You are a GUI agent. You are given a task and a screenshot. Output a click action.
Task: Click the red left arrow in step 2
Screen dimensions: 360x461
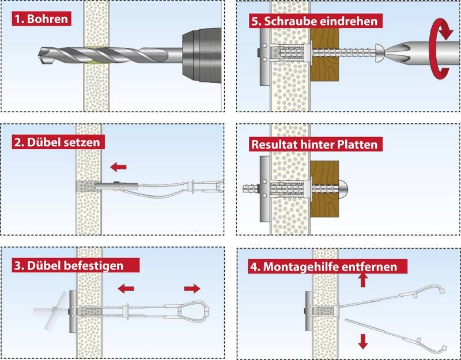pyautogui.click(x=119, y=167)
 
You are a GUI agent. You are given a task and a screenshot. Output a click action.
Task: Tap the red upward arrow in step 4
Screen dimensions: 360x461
pyautogui.click(x=363, y=280)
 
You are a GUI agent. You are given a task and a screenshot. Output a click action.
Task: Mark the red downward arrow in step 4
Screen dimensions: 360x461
pyautogui.click(x=363, y=342)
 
